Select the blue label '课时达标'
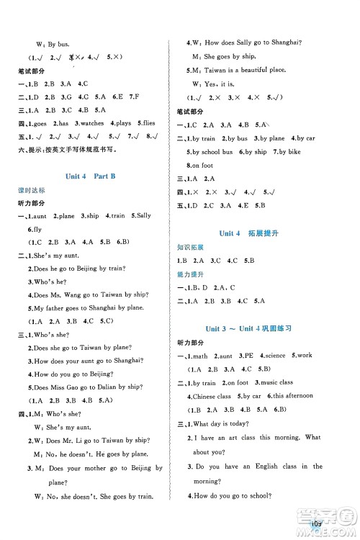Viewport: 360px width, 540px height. (32, 191)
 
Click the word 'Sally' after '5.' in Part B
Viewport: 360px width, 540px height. (143, 216)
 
